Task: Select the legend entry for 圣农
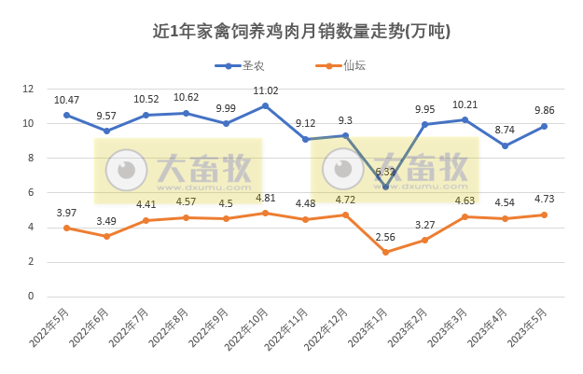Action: [x=241, y=66]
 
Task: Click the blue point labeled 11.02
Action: [x=266, y=105]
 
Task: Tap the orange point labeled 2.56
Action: [x=385, y=252]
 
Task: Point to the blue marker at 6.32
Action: [x=385, y=187]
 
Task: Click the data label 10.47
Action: [x=66, y=100]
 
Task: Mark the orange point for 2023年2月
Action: [x=425, y=240]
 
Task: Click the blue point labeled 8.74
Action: [x=505, y=145]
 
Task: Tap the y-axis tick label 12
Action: [x=28, y=89]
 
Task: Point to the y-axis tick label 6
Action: [x=31, y=193]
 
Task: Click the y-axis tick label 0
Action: [x=31, y=297]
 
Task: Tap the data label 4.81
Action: [x=266, y=198]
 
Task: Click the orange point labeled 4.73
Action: [x=545, y=215]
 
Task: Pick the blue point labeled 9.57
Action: [x=106, y=131]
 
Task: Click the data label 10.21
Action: [x=465, y=104]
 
